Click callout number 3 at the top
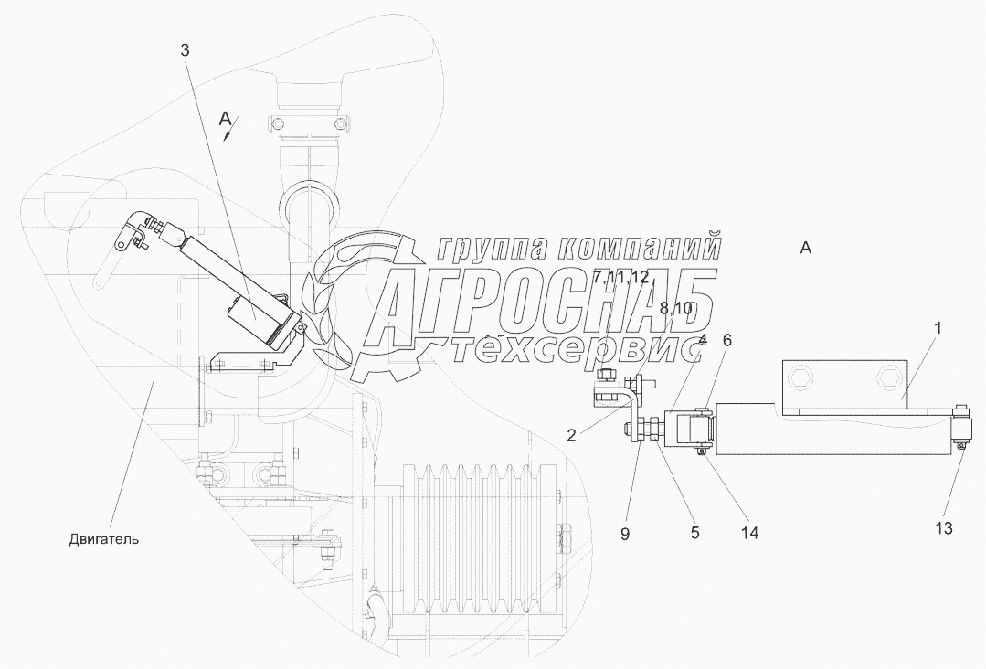pyautogui.click(x=185, y=50)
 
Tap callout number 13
pyautogui.click(x=943, y=528)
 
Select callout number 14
pyautogui.click(x=750, y=530)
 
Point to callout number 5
pyautogui.click(x=694, y=531)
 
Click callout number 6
pyautogui.click(x=727, y=339)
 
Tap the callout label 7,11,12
pyautogui.click(x=620, y=276)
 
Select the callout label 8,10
pyautogui.click(x=676, y=309)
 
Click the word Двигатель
pyautogui.click(x=103, y=538)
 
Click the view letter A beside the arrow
pyautogui.click(x=225, y=117)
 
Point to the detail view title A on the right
pyautogui.click(x=804, y=247)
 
